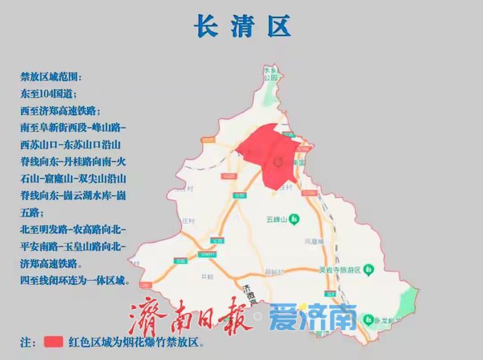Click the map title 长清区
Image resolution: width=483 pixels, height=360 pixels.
(241, 26)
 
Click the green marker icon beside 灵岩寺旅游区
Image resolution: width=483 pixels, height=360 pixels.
(370, 268)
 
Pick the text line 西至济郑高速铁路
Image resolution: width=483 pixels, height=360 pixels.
(61, 110)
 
